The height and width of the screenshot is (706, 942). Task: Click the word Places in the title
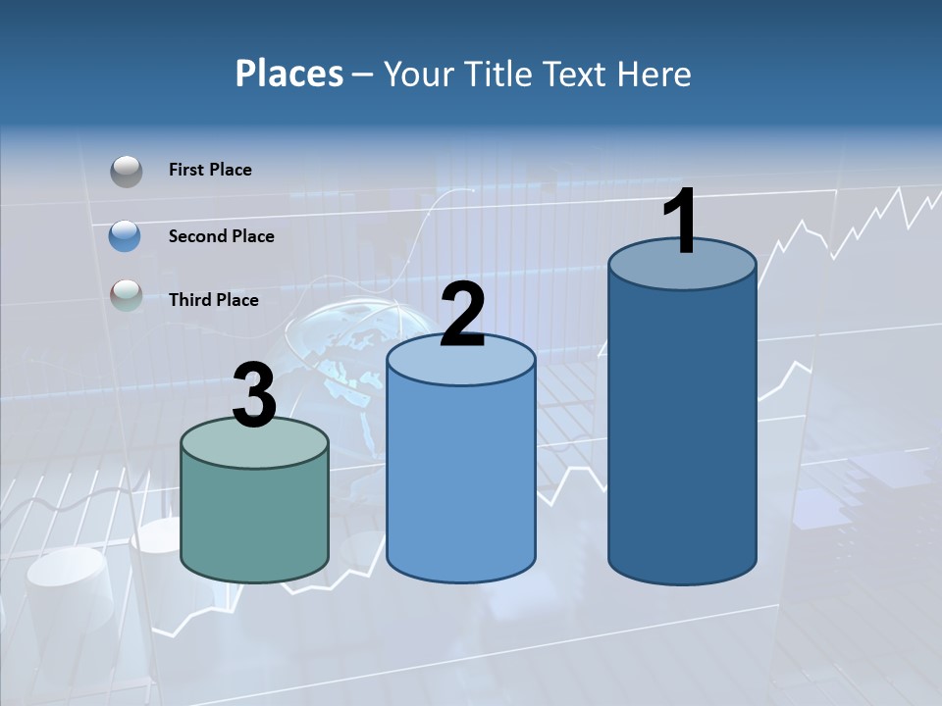pyautogui.click(x=289, y=74)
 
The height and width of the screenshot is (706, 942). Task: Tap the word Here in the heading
pyautogui.click(x=654, y=74)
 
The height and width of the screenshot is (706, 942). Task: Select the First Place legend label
pyautogui.click(x=210, y=170)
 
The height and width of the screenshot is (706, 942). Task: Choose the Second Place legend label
pyautogui.click(x=221, y=236)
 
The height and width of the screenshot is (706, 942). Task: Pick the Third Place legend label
pyautogui.click(x=213, y=300)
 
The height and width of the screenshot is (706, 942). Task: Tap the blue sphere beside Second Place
pyautogui.click(x=126, y=236)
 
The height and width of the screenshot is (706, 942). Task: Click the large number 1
pyautogui.click(x=680, y=223)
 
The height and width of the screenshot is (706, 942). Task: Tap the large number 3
pyautogui.click(x=254, y=396)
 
